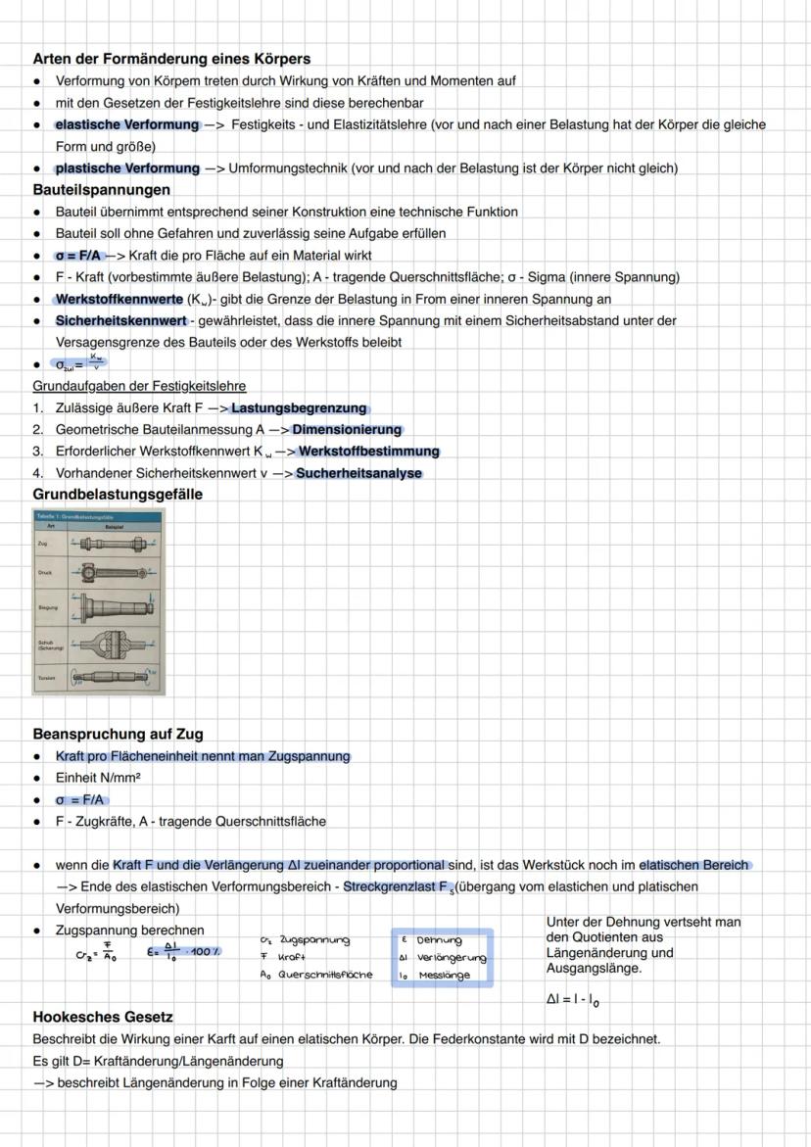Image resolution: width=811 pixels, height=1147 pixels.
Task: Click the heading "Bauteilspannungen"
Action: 102,190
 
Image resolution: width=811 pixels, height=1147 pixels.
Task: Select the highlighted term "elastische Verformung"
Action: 127,124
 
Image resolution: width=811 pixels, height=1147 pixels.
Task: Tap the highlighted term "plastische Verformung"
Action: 127,168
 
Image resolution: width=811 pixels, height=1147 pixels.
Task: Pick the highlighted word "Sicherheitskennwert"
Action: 120,320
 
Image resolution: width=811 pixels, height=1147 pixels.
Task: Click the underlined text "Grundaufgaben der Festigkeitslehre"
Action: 139,386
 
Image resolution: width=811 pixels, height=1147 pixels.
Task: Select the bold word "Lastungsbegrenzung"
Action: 299,408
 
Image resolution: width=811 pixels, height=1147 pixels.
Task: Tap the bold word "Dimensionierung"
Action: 347,430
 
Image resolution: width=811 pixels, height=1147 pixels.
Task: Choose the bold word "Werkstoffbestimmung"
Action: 368,452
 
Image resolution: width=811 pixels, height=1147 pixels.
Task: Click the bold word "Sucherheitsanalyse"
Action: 358,473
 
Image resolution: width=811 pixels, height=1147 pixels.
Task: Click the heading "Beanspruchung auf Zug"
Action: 118,734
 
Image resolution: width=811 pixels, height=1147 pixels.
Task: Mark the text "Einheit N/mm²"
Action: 98,778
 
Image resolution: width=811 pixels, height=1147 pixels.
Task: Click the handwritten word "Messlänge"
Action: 445,975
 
